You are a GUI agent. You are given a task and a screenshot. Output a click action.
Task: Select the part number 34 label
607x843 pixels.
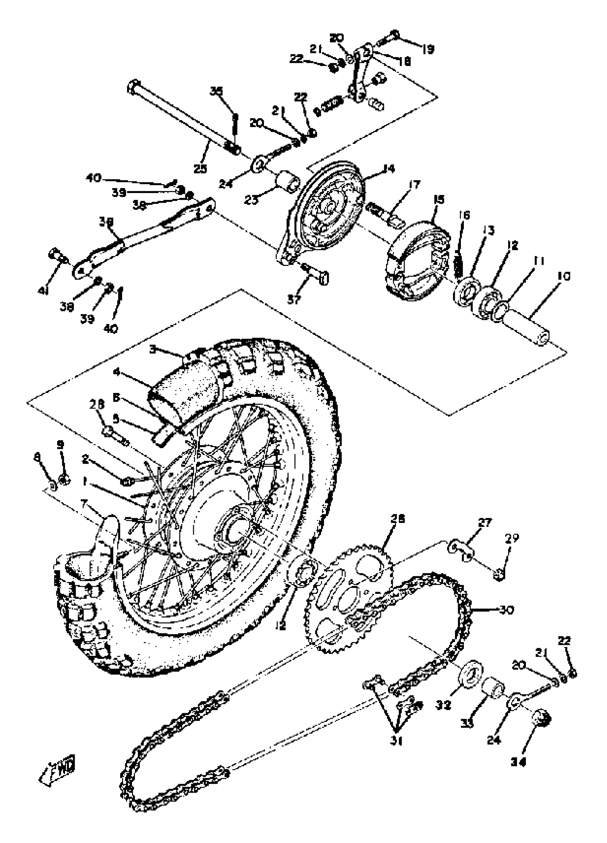coord(519,762)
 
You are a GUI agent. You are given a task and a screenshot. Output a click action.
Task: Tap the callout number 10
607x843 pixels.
coord(564,277)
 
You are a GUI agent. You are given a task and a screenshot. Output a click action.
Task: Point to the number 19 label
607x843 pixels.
coord(428,49)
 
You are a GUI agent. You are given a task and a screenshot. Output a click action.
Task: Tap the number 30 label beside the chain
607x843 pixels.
coord(506,610)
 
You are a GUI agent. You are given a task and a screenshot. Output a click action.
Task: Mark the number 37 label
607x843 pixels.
coord(294,299)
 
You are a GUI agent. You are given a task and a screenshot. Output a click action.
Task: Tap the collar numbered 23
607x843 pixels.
coord(288,181)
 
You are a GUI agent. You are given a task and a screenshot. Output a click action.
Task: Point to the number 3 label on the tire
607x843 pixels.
coord(153,349)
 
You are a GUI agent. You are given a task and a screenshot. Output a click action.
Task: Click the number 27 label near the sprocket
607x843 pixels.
coord(485,523)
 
